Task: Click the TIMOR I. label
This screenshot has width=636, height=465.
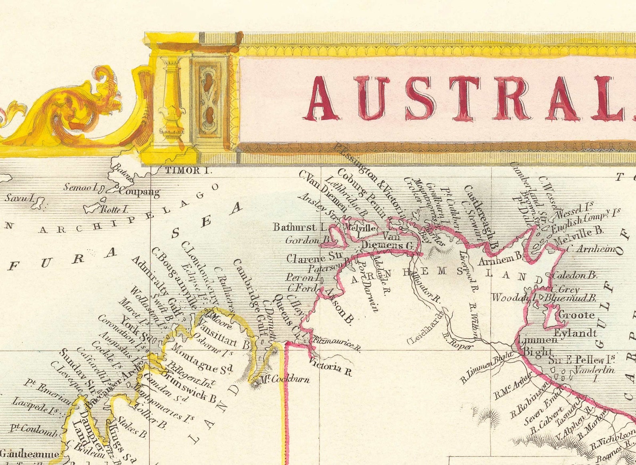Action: click(x=188, y=170)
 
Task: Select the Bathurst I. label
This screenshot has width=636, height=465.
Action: click(x=300, y=227)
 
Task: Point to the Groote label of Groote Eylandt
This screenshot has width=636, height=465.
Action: click(x=576, y=315)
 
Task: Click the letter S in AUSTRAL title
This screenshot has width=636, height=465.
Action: click(x=419, y=98)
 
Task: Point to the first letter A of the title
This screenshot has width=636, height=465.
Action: click(x=322, y=98)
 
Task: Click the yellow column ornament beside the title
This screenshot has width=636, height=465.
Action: click(x=171, y=98)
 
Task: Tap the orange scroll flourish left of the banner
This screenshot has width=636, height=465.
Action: click(x=80, y=110)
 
